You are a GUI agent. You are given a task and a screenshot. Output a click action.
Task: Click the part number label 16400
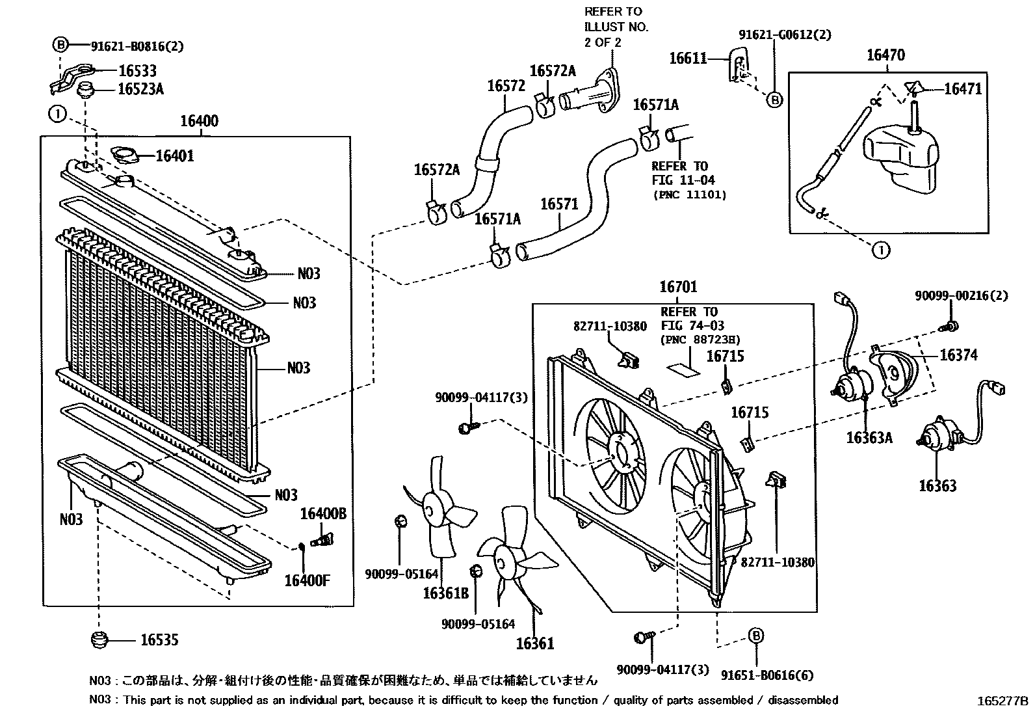199,121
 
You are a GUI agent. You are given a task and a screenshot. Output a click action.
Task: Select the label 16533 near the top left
137,71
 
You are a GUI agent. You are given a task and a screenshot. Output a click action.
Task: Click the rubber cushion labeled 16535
98,640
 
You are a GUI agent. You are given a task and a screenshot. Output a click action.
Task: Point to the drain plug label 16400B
322,514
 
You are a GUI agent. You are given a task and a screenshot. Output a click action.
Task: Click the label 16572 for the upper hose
506,86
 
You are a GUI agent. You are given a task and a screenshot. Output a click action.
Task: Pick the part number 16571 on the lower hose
559,204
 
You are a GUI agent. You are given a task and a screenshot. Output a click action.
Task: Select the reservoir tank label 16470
885,56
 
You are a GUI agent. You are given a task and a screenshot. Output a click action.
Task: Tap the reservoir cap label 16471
962,88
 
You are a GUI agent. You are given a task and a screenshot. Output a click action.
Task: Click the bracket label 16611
688,59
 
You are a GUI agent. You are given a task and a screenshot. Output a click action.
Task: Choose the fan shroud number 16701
678,287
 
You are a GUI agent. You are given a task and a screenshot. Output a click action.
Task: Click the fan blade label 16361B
445,593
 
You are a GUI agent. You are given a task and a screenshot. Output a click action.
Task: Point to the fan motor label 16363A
869,437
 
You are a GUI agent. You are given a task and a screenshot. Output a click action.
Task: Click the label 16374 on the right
958,355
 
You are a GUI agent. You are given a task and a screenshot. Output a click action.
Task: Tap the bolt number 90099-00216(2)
961,296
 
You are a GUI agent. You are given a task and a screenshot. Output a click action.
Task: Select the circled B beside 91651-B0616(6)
755,636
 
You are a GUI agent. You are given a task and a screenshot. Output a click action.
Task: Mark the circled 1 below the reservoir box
881,250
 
